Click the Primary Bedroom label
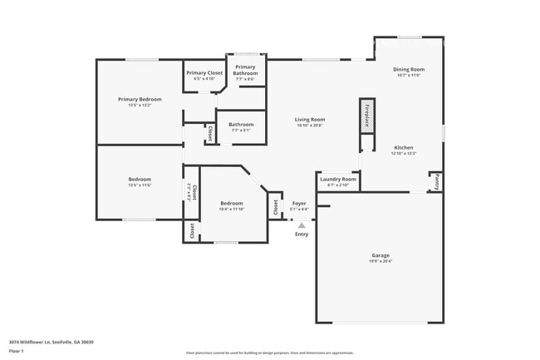point(139,99)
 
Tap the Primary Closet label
point(204,73)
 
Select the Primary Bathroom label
point(245,70)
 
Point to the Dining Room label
point(409,69)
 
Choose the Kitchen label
point(403,148)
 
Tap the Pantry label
point(434,181)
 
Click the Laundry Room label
point(337,179)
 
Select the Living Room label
point(309,120)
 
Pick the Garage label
point(380,255)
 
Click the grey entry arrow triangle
point(302,224)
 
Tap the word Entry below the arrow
point(302,234)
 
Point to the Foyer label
point(299,203)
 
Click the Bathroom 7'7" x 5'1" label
point(241,125)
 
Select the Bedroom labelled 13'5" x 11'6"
point(139,180)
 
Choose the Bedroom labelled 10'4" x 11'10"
point(231,204)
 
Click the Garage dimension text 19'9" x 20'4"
point(380,261)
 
